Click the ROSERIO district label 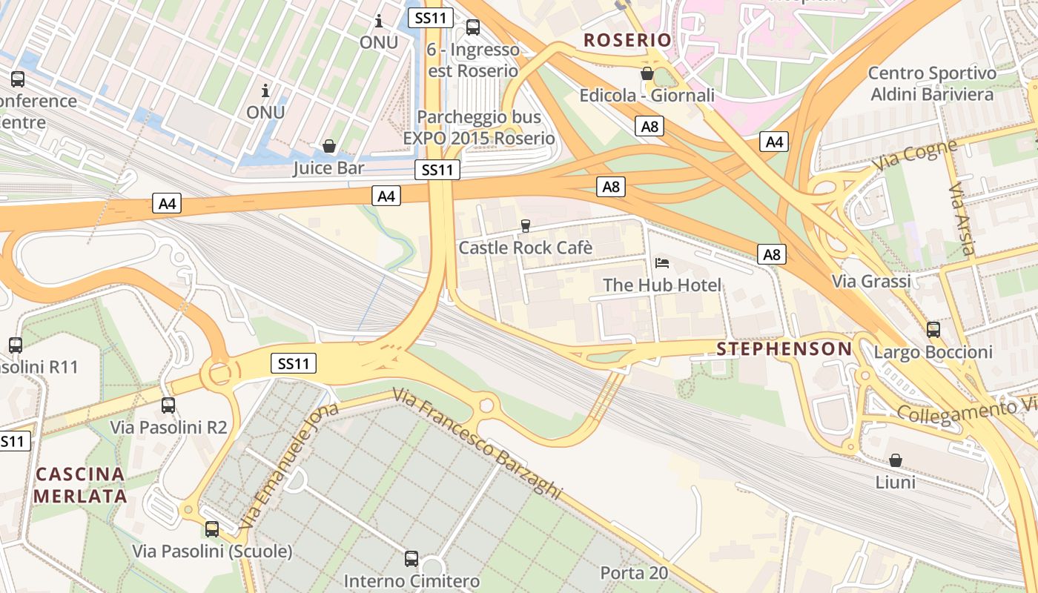coord(627,40)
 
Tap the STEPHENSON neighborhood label coord(784,349)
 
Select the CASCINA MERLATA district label coord(79,485)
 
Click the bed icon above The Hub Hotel coord(662,263)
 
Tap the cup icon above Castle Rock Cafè coord(526,225)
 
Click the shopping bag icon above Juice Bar coord(328,146)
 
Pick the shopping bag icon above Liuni coord(895,460)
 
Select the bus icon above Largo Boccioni coord(933,329)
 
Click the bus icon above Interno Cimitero coord(411,558)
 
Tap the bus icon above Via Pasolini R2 coord(168,405)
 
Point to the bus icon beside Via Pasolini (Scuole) coord(212,529)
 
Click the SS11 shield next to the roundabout coord(294,363)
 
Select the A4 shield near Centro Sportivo coord(774,142)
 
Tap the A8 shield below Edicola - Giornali coord(649,126)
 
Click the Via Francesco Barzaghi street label coord(477,445)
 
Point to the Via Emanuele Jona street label coord(289,465)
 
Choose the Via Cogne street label coord(915,156)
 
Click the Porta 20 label coord(634,572)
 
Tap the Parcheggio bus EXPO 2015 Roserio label coord(479,127)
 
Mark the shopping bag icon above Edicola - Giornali coord(647,73)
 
